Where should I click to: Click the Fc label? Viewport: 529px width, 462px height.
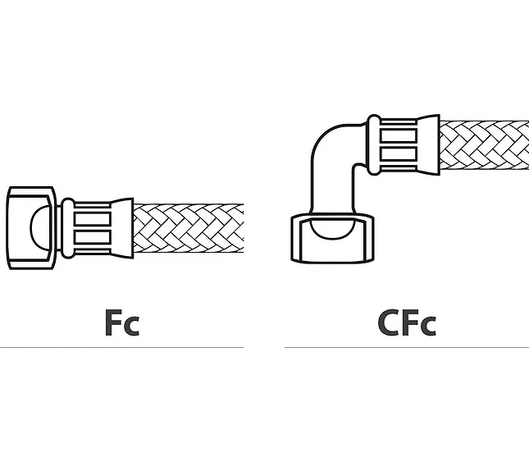click(122, 322)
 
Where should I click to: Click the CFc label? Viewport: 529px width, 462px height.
click(407, 322)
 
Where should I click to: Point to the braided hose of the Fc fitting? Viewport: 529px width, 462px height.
click(189, 228)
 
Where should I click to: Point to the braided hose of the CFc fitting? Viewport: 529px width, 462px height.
click(484, 145)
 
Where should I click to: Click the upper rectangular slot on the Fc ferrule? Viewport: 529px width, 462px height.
click(93, 219)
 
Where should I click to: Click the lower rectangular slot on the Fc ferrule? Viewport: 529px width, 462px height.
click(93, 237)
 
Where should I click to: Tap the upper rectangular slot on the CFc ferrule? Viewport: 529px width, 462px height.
click(399, 135)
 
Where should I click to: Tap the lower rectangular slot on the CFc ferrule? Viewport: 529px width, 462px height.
click(399, 154)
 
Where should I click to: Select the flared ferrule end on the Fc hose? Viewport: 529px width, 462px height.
click(121, 228)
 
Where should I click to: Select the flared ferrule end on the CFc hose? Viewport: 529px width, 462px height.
click(428, 145)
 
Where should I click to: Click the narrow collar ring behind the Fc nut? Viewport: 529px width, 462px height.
click(68, 228)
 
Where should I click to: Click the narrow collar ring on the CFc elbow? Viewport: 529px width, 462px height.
click(374, 145)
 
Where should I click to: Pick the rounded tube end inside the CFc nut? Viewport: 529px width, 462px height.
click(332, 229)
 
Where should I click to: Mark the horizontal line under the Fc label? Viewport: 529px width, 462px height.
click(121, 347)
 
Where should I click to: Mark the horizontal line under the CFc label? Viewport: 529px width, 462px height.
click(407, 347)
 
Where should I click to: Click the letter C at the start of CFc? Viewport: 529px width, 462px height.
click(389, 322)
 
